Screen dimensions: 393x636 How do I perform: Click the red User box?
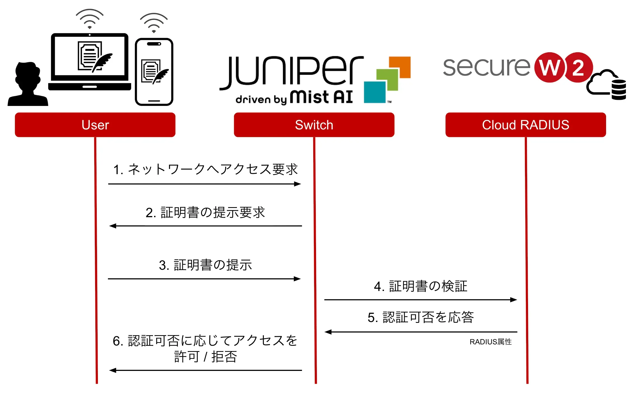click(x=95, y=125)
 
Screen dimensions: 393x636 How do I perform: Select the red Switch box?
click(x=314, y=125)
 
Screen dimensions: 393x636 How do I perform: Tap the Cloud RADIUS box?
click(x=526, y=125)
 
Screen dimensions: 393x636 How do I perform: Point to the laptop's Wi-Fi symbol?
click(x=89, y=19)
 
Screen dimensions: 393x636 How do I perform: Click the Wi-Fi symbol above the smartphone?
click(x=154, y=23)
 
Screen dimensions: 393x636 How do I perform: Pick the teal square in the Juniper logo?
click(x=374, y=92)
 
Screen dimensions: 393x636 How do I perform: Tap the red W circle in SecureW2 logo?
click(x=550, y=67)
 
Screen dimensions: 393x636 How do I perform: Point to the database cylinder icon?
click(x=618, y=90)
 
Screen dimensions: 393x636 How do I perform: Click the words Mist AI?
click(x=321, y=97)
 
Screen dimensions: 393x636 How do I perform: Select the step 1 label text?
click(x=205, y=169)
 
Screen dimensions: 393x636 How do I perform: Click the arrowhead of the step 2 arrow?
click(x=112, y=226)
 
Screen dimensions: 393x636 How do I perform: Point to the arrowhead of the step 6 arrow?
click(x=112, y=370)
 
